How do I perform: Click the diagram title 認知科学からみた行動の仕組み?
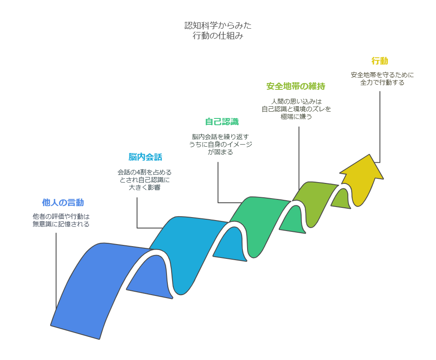[x=218, y=31]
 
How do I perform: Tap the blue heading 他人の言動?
[x=63, y=202]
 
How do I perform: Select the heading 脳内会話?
[x=145, y=157]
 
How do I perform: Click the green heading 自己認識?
[x=222, y=122]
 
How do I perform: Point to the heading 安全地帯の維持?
[x=296, y=86]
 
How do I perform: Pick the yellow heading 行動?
[x=380, y=61]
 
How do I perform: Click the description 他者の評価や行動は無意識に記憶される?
[x=61, y=220]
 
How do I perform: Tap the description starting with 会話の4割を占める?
[x=145, y=180]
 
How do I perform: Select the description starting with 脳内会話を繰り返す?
[x=221, y=144]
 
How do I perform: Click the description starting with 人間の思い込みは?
[x=296, y=109]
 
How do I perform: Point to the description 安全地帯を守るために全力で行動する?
[x=382, y=79]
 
